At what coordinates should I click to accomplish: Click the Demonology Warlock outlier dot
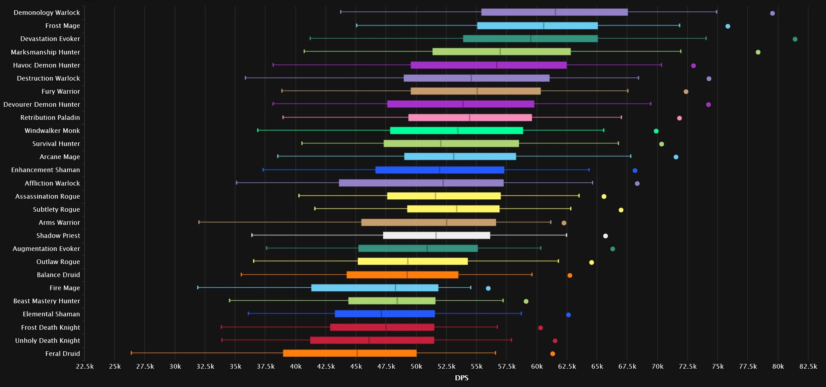772,13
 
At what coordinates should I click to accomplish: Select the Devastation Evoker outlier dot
795,39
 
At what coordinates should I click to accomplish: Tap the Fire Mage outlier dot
488,288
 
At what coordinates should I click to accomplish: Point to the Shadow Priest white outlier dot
605,236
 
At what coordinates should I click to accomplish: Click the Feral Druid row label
62,354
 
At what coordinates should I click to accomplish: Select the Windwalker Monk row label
52,131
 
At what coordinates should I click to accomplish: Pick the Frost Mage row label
62,26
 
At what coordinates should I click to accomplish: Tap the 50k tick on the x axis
416,367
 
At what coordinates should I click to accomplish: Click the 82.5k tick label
808,367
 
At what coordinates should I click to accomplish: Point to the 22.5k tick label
85,367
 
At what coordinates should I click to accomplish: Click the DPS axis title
461,378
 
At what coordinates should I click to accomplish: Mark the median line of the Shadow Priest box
436,235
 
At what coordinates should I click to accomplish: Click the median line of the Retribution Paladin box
469,118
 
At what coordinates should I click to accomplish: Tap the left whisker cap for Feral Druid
131,353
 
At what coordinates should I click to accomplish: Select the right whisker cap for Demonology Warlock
717,12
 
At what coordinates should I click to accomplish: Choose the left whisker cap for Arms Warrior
199,222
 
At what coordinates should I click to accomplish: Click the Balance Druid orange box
402,275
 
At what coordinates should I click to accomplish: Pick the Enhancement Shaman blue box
440,170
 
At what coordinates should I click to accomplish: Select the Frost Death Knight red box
382,327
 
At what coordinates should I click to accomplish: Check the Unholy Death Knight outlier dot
555,341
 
